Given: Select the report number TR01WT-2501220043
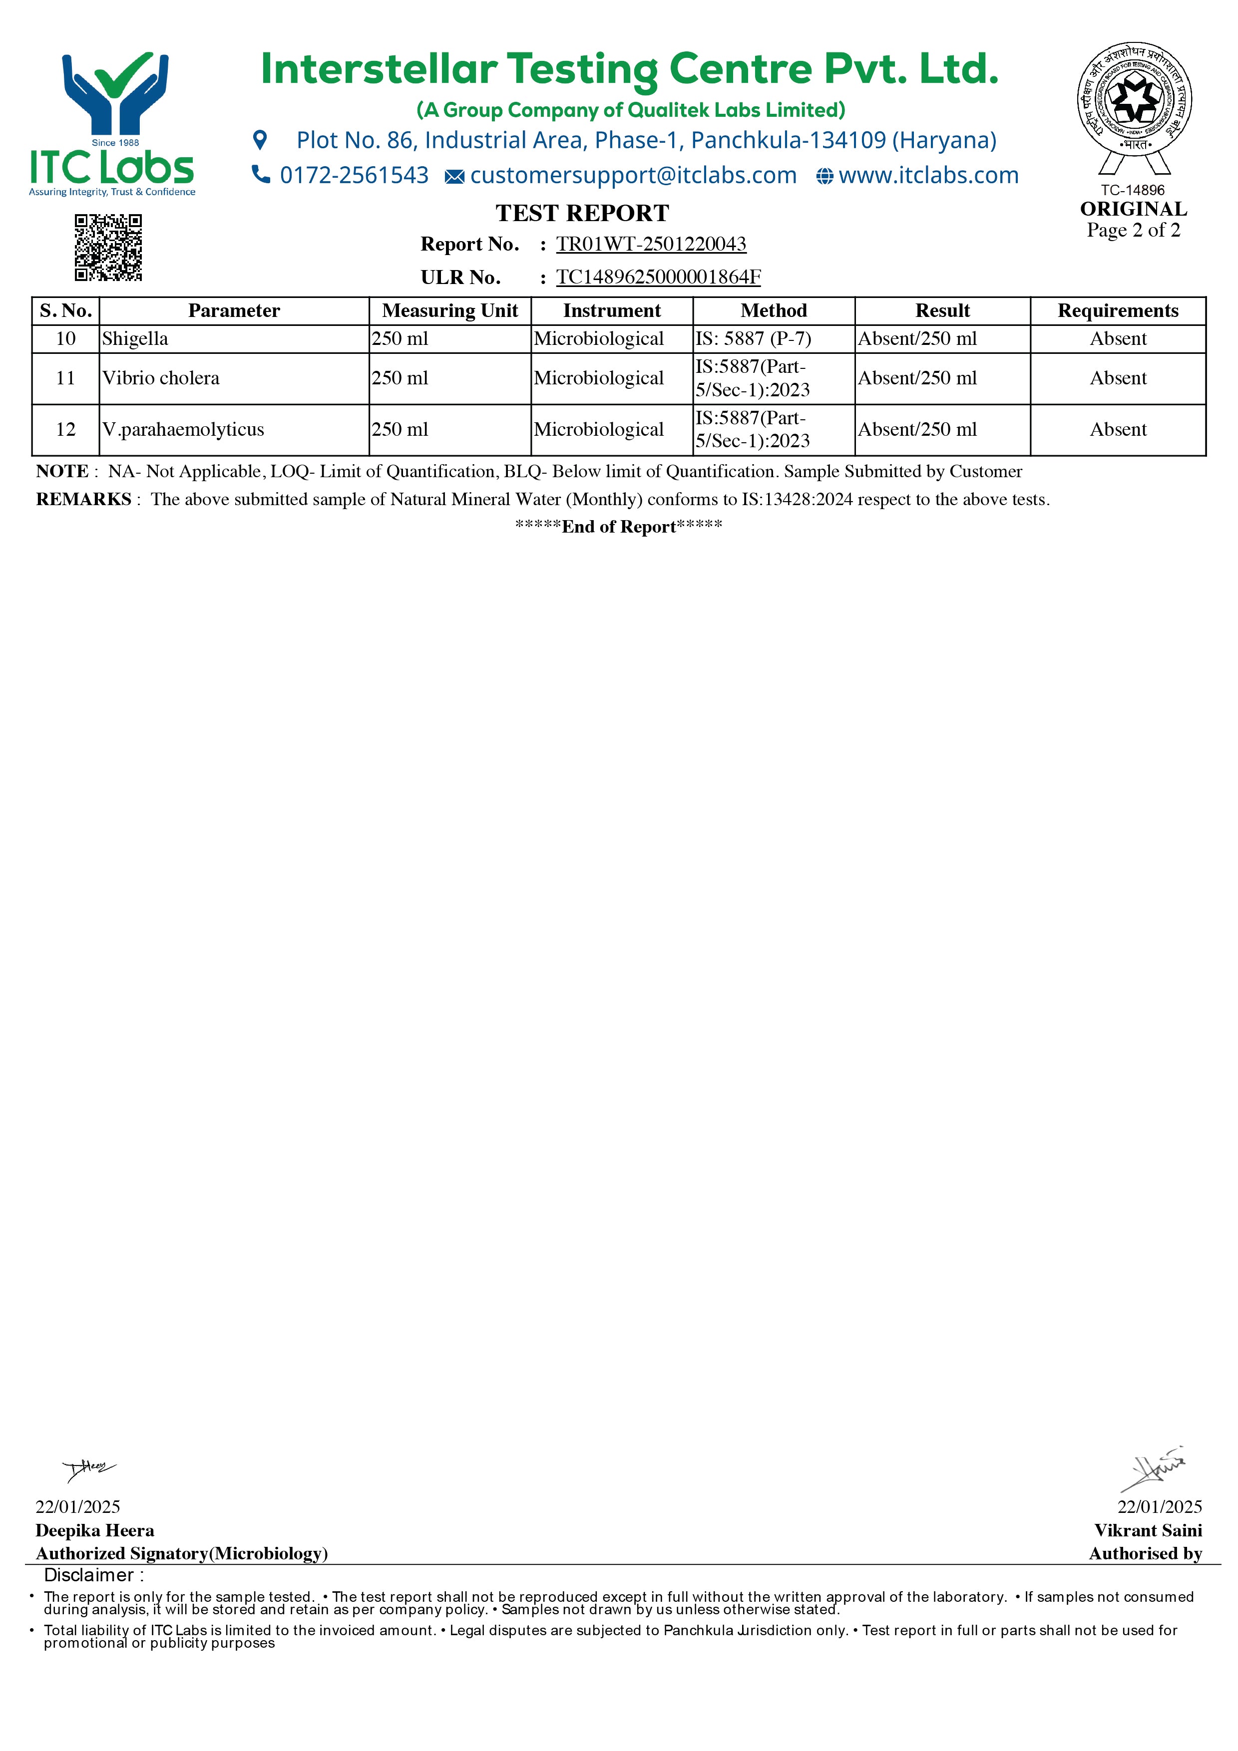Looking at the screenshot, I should coord(651,244).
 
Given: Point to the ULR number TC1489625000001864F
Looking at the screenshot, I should coord(658,277).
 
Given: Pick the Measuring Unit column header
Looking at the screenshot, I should coord(450,310).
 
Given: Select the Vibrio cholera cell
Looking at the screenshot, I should coord(161,378).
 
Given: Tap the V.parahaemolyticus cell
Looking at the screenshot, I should coord(183,429).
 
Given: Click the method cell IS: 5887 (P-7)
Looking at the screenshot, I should coord(753,338).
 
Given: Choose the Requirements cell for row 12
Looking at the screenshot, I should coord(1118,429).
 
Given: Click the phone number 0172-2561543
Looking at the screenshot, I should coord(354,175).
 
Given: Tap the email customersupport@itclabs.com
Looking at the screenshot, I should coord(633,175).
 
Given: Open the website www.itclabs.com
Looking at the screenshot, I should coord(928,175).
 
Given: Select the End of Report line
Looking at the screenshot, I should coord(619,526).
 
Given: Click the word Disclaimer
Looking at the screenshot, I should coord(89,1575).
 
